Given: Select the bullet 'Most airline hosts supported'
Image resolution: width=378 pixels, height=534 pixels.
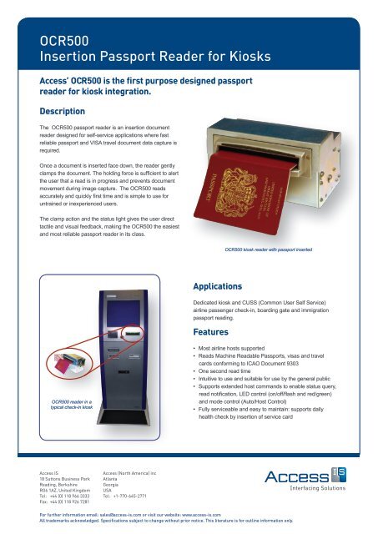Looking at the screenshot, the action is (x=242, y=345).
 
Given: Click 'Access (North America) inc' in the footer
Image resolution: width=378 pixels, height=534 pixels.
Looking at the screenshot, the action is (x=134, y=472).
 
